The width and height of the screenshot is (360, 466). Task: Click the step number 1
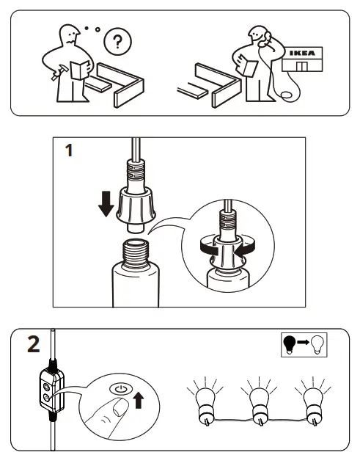(x=68, y=153)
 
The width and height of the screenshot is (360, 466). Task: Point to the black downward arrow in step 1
(x=106, y=203)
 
